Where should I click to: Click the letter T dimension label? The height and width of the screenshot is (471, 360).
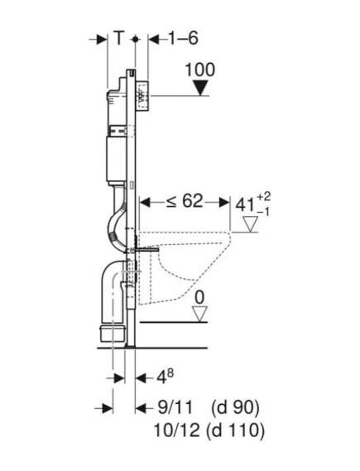(x=119, y=38)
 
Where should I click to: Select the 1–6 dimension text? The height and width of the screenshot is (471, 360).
(x=183, y=38)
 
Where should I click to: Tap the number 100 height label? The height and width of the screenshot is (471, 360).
(x=200, y=70)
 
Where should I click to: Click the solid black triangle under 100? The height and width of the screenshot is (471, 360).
(x=200, y=88)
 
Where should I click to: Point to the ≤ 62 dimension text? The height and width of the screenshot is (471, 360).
(x=185, y=200)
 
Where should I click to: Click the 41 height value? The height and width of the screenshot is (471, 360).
(x=245, y=206)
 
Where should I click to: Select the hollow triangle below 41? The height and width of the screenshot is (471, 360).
(x=251, y=224)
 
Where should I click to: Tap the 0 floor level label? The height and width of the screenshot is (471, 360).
(x=199, y=298)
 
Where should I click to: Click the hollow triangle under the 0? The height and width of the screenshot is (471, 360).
(x=200, y=314)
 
